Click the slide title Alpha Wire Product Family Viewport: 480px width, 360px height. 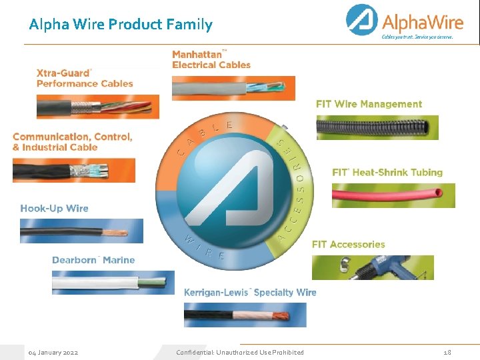[121, 25]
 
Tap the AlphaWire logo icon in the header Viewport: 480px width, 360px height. [362, 21]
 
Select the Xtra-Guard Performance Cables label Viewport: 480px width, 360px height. [85, 77]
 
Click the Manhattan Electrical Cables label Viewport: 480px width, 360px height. [211, 59]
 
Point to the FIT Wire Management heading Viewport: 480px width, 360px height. [369, 104]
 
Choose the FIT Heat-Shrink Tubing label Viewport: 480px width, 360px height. [387, 172]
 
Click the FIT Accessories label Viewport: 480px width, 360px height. [349, 245]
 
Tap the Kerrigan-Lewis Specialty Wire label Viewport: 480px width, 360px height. [250, 292]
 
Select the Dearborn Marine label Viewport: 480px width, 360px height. [93, 260]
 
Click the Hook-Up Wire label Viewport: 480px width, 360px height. [54, 208]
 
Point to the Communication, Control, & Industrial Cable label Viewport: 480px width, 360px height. [72, 141]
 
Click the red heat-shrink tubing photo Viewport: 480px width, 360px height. [393, 195]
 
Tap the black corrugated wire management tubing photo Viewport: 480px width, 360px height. [377, 127]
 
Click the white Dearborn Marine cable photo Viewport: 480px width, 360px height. [113, 283]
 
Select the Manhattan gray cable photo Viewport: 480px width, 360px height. [233, 88]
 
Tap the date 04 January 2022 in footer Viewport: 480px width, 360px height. [53, 352]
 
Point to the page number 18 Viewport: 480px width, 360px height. [447, 352]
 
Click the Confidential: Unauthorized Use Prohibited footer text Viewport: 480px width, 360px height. [240, 352]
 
